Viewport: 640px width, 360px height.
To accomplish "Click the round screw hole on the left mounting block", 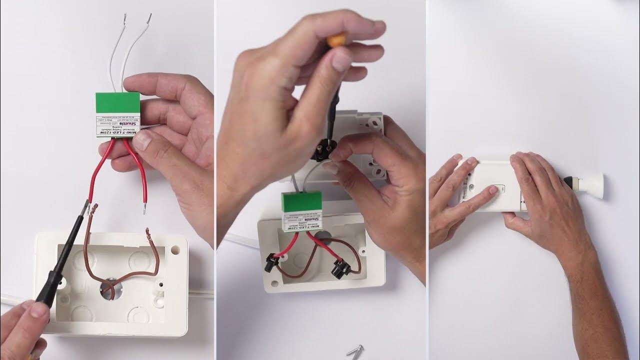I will point(174,247).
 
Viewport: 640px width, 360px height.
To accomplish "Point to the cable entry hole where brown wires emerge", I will point(108,289).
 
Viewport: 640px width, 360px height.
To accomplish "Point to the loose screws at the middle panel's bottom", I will point(355,350).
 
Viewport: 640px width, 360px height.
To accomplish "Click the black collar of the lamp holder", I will point(569,184).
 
